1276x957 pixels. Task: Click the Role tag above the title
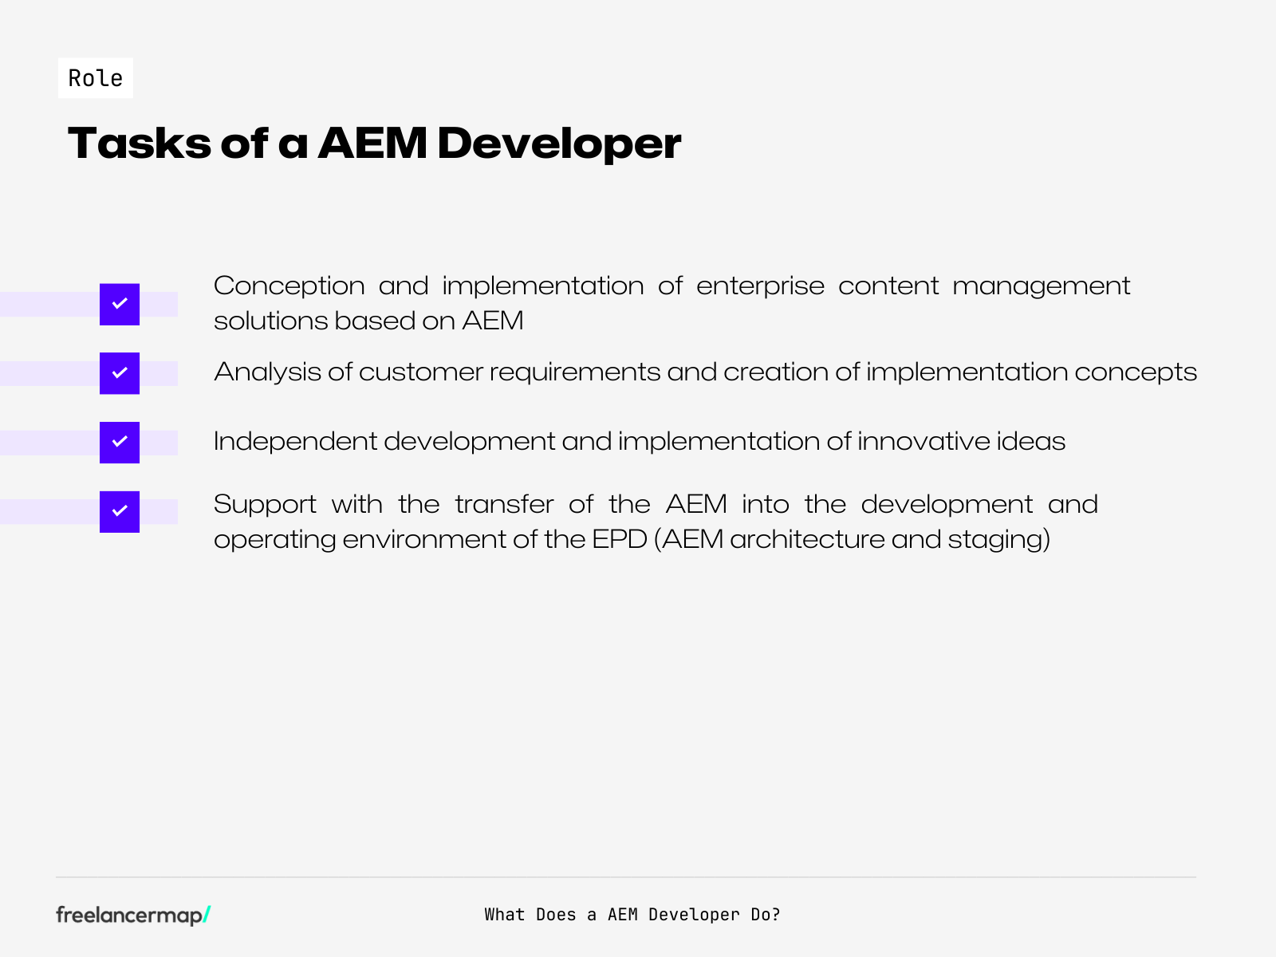click(x=96, y=78)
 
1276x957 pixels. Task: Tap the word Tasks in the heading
click(x=139, y=144)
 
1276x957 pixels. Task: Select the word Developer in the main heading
click(x=559, y=144)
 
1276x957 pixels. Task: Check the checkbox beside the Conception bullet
click(x=120, y=304)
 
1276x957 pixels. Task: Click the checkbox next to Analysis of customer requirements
click(x=120, y=373)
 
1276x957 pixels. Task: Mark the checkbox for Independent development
click(x=120, y=443)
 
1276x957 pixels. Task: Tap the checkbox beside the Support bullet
click(x=120, y=512)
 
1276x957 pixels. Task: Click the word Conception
click(x=289, y=286)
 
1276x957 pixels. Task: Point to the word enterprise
click(x=760, y=286)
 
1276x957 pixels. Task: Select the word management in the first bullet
click(x=1041, y=286)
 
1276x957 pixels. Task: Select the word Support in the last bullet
click(x=265, y=504)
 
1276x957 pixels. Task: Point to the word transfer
click(x=504, y=504)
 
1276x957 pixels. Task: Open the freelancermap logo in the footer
click(x=132, y=915)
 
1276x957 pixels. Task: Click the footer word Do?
click(x=765, y=915)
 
